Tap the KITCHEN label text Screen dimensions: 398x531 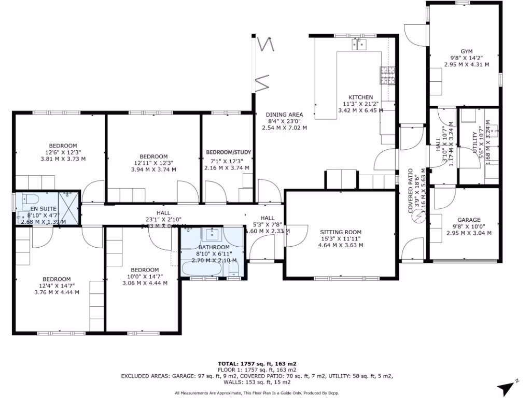pos(360,97)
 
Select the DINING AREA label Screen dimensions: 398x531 pos(284,115)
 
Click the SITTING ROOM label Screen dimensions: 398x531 pos(340,232)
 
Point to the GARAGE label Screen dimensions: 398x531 pos(469,220)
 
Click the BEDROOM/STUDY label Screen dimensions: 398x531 pos(229,152)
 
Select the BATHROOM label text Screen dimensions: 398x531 pos(213,248)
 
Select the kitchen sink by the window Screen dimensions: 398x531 pos(359,45)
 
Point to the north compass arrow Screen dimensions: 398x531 pos(506,388)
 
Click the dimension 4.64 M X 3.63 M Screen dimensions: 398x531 pos(340,245)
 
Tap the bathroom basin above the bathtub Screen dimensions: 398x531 pos(213,234)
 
